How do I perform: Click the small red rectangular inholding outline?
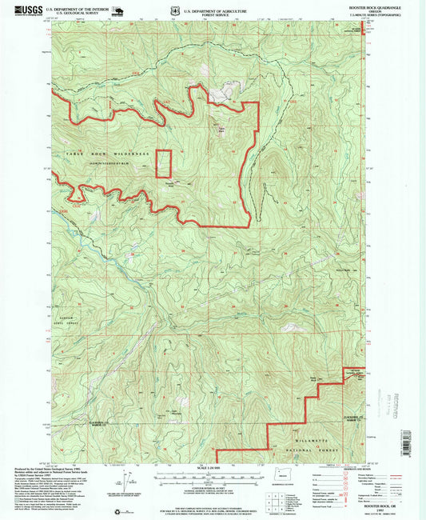tap(163, 163)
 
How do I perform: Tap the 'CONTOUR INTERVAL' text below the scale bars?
tap(212, 488)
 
